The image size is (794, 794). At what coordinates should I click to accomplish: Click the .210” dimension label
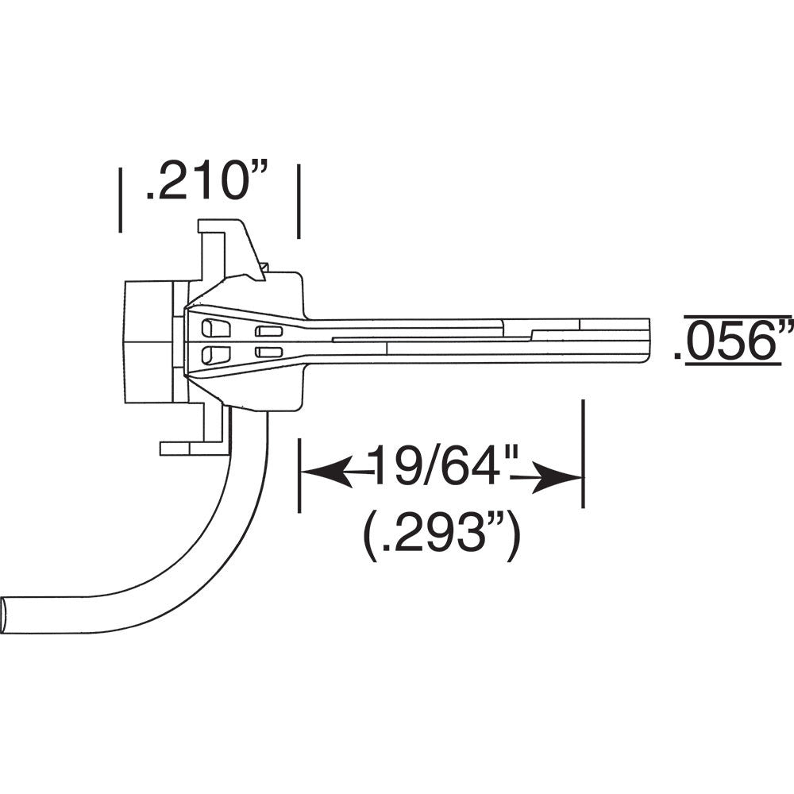(x=207, y=181)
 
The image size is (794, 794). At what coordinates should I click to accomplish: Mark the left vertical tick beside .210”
(x=120, y=201)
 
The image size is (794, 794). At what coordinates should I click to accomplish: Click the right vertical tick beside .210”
(x=299, y=201)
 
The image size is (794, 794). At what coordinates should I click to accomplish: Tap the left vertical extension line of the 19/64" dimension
(x=300, y=475)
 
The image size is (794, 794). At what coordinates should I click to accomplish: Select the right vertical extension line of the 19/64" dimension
(x=584, y=453)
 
